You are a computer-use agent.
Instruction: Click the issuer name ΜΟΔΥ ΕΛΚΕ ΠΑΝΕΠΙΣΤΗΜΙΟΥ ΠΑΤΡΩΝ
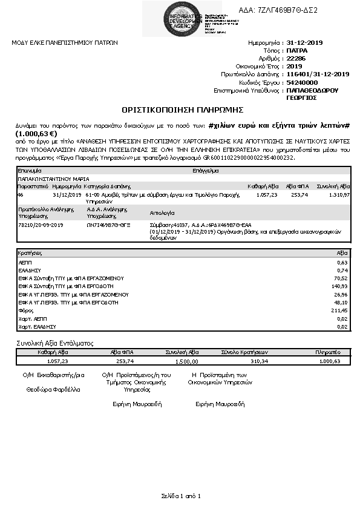tap(65, 43)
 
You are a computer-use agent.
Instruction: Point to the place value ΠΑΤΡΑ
tap(297, 51)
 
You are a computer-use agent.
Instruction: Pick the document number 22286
tap(296, 59)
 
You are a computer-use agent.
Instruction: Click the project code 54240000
tap(302, 82)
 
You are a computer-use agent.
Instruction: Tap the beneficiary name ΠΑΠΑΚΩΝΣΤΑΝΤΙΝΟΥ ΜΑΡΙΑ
tap(54, 180)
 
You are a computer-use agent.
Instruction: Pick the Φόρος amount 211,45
tap(341, 309)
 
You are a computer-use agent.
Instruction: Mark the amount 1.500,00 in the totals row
tap(186, 361)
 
